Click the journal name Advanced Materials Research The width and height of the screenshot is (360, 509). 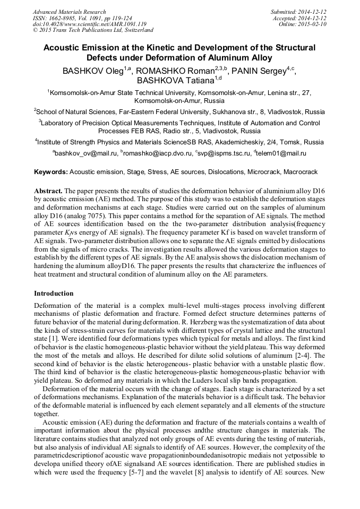[70, 12]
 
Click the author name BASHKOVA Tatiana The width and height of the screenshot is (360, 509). [175, 81]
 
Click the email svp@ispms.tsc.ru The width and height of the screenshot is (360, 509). [222, 153]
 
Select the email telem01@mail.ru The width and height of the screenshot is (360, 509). [281, 153]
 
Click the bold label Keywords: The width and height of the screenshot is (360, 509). [51, 172]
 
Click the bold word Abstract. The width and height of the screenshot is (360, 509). [49, 190]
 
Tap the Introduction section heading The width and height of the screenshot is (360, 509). [54, 293]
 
